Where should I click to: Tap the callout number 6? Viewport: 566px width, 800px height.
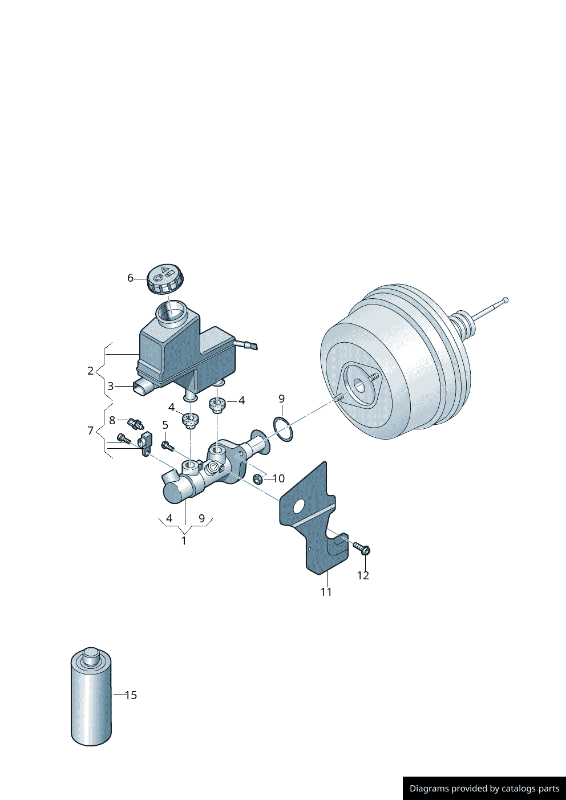[x=131, y=278]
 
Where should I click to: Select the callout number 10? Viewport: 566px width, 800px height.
[x=278, y=478]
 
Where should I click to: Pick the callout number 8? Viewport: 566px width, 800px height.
[x=112, y=421]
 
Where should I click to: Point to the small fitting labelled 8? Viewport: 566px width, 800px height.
[x=135, y=423]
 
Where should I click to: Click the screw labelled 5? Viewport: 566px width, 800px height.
[x=167, y=445]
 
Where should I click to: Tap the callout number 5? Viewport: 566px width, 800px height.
[x=165, y=425]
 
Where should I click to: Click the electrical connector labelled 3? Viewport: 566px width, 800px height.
[x=143, y=388]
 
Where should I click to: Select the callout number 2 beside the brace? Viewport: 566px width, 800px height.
[x=90, y=371]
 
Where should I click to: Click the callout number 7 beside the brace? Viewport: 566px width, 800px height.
[x=90, y=431]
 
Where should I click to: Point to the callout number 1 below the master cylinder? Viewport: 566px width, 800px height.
[x=184, y=541]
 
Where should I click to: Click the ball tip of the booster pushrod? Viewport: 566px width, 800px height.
[x=505, y=300]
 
